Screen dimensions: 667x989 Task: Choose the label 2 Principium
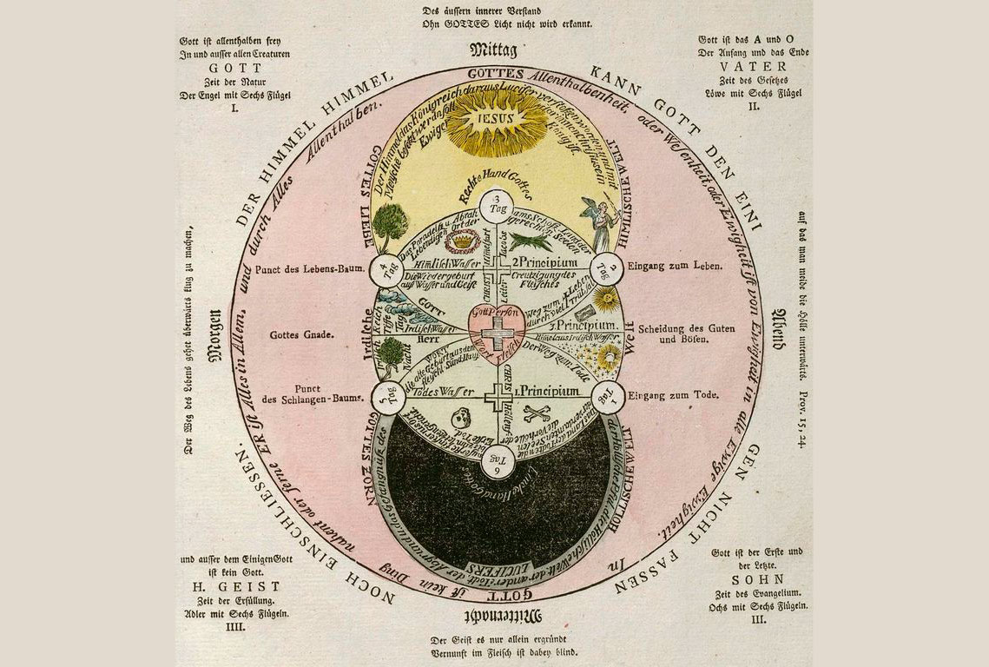click(537, 260)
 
